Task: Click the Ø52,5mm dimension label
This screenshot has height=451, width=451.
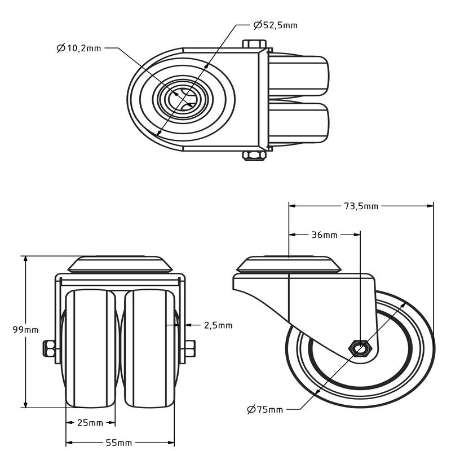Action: pyautogui.click(x=275, y=25)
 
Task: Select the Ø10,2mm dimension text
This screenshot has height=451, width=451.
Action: pyautogui.click(x=79, y=48)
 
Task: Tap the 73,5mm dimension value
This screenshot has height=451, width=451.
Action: pyautogui.click(x=361, y=206)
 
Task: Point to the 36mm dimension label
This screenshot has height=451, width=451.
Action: pyautogui.click(x=325, y=235)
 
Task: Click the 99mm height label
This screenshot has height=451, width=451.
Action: pyautogui.click(x=25, y=330)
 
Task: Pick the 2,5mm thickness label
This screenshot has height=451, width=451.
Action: pyautogui.click(x=218, y=325)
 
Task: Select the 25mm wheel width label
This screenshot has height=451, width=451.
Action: pyautogui.click(x=90, y=422)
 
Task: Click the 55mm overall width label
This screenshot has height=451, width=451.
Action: pyautogui.click(x=119, y=443)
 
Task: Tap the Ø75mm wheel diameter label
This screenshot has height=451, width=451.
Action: pyautogui.click(x=265, y=409)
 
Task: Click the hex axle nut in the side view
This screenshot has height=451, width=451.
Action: pyautogui.click(x=361, y=348)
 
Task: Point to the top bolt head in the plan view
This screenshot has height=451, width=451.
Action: pyautogui.click(x=254, y=44)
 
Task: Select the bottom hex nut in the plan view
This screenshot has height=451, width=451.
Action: pyautogui.click(x=254, y=156)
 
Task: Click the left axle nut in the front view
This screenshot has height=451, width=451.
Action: pyautogui.click(x=49, y=348)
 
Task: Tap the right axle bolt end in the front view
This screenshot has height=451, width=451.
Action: pyautogui.click(x=191, y=348)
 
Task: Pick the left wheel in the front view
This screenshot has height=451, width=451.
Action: pyautogui.click(x=90, y=348)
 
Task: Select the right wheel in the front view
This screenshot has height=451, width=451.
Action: pyautogui.click(x=149, y=348)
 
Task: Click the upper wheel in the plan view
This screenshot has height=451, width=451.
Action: pyautogui.click(x=299, y=76)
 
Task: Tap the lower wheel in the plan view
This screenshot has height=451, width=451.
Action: pyautogui.click(x=299, y=123)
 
